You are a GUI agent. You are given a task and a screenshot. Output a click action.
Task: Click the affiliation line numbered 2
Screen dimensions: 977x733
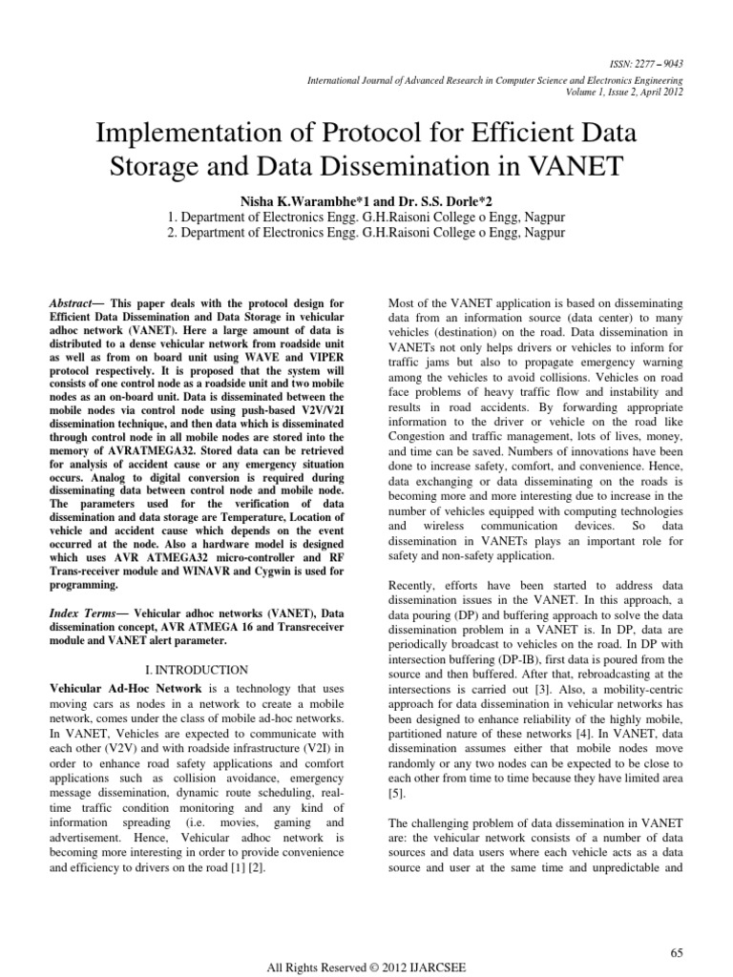pyautogui.click(x=366, y=232)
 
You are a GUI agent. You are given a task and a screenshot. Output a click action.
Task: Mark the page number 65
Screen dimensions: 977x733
pyautogui.click(x=679, y=925)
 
